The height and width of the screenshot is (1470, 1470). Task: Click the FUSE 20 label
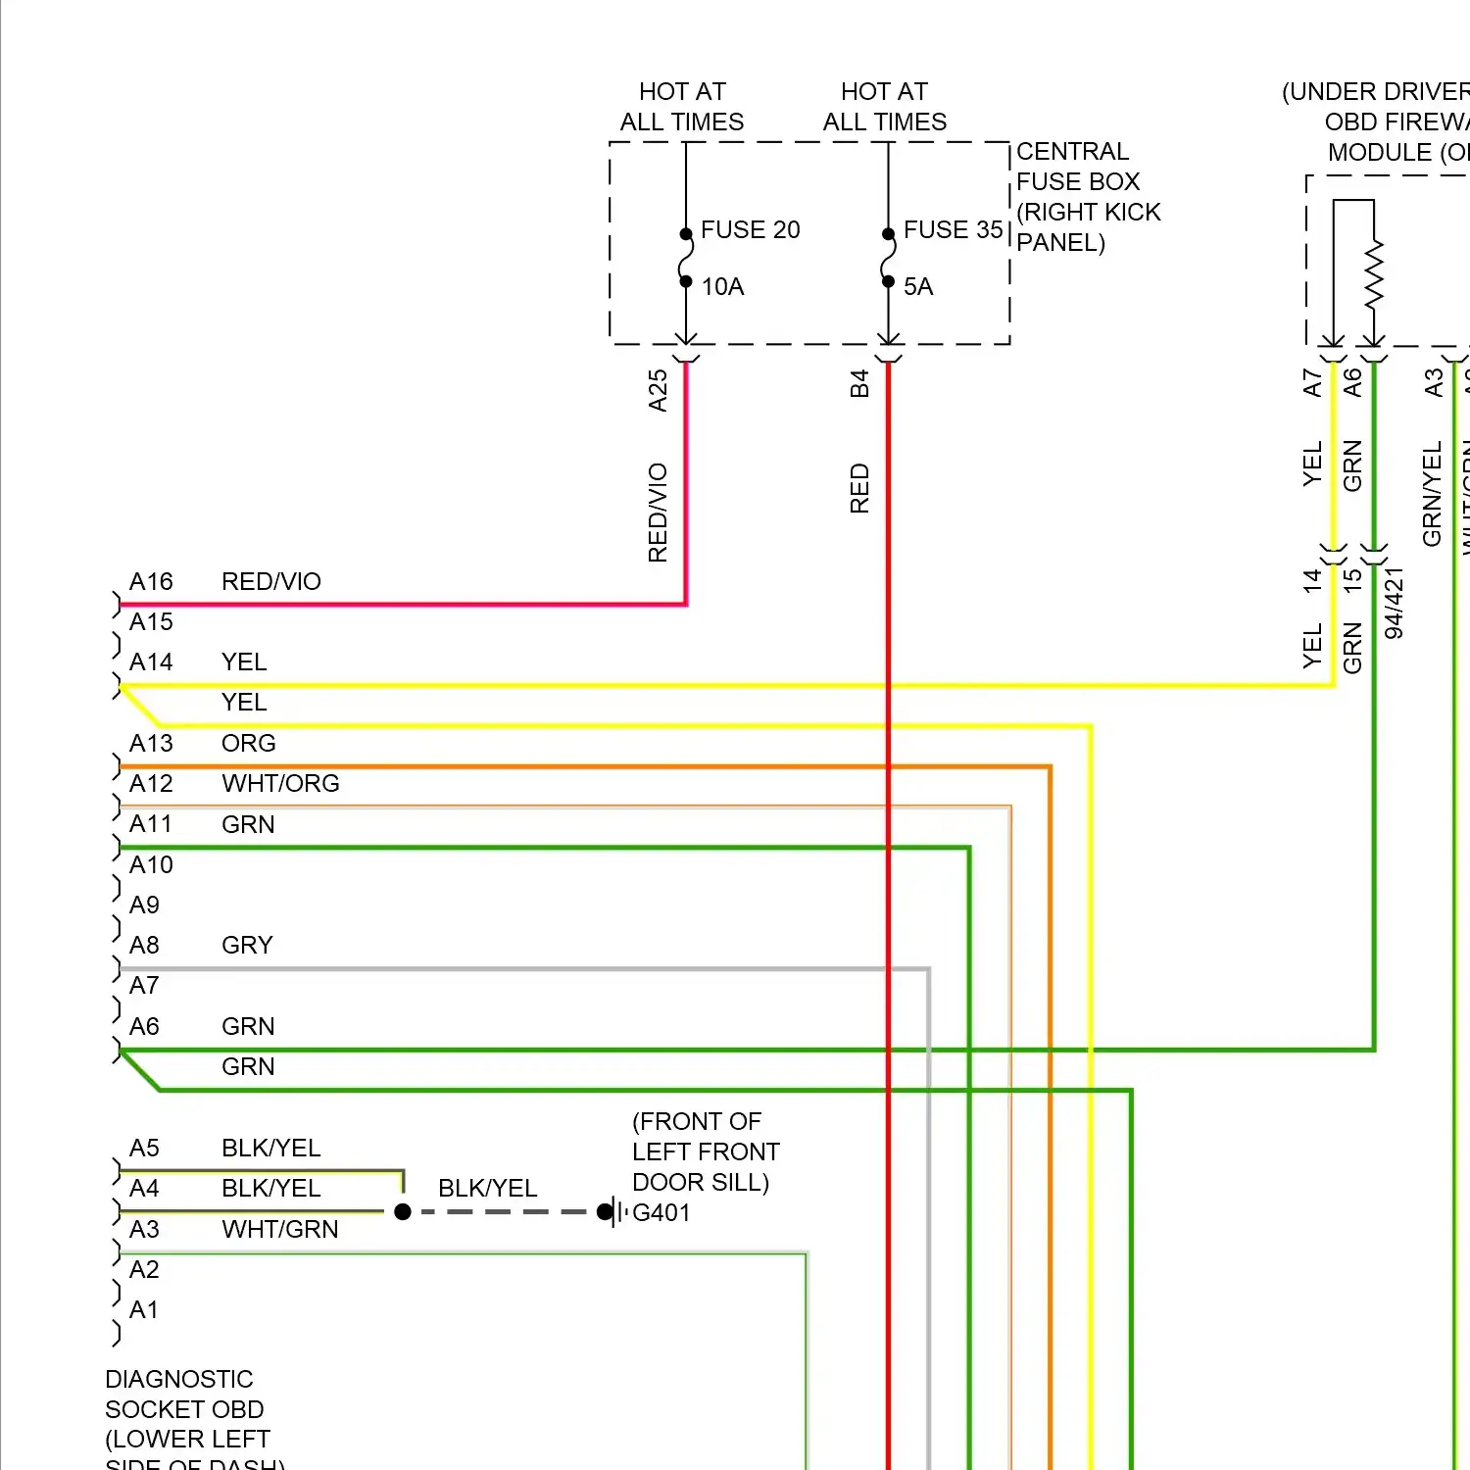(750, 229)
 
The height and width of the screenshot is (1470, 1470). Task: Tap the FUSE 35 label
(953, 229)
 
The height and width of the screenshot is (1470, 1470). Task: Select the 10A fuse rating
(722, 286)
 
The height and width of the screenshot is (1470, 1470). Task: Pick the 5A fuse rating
(917, 286)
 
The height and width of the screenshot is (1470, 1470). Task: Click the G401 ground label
(661, 1212)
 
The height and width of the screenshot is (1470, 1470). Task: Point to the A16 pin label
(151, 581)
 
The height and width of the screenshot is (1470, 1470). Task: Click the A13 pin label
(151, 743)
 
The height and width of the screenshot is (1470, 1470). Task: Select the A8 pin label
(144, 945)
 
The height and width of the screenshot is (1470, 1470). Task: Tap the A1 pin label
(144, 1309)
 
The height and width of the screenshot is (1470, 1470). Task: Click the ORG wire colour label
(248, 743)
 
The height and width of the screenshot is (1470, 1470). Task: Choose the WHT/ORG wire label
(280, 783)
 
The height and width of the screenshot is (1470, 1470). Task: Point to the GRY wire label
(247, 945)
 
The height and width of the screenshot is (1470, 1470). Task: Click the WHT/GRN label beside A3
(279, 1229)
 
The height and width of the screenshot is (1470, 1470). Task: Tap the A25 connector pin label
(658, 390)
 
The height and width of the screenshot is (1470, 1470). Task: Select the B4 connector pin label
(859, 383)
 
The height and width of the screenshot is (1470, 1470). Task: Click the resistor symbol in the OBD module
(1374, 273)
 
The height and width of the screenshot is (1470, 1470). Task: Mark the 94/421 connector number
(1394, 603)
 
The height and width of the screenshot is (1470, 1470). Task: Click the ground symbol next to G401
(616, 1212)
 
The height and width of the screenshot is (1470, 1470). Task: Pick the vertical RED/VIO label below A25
(658, 513)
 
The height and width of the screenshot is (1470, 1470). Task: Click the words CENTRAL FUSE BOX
(1077, 167)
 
